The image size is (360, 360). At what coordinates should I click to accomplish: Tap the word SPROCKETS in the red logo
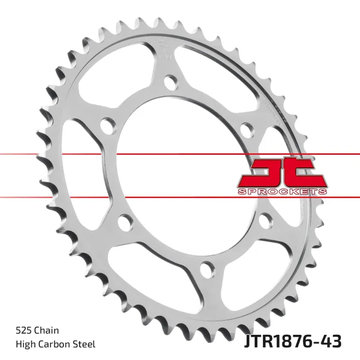click(281, 192)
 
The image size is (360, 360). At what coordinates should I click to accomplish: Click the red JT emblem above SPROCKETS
click(281, 172)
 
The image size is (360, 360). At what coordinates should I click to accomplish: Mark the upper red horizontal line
click(135, 154)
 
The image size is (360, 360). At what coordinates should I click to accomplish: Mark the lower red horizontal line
click(135, 197)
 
